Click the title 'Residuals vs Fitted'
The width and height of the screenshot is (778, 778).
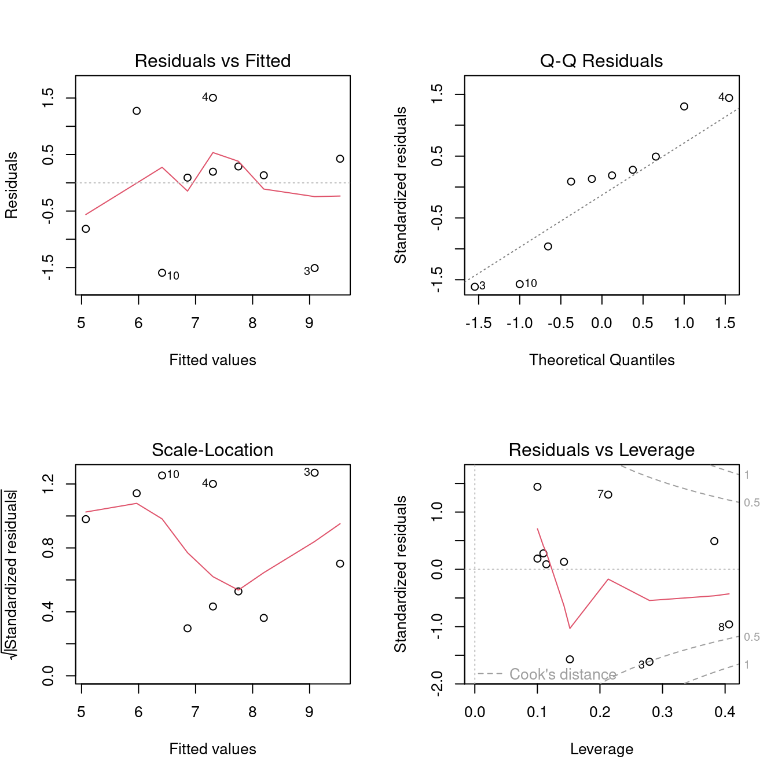click(212, 61)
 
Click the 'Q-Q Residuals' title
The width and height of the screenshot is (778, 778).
click(601, 61)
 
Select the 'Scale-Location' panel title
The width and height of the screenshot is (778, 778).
click(212, 450)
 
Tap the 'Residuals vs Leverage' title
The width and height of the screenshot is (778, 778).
click(601, 450)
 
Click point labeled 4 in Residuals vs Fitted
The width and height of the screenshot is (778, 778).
click(213, 98)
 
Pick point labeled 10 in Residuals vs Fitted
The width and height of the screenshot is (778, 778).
click(162, 273)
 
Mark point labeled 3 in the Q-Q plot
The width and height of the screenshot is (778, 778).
click(475, 287)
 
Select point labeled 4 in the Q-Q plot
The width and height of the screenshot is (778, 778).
click(729, 98)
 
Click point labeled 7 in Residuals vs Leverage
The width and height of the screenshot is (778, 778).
click(608, 494)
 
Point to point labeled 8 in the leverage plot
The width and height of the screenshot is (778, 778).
click(729, 625)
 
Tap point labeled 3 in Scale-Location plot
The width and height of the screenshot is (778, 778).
click(315, 473)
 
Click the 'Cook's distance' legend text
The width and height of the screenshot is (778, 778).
click(562, 674)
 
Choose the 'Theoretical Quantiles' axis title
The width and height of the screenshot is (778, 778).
click(601, 360)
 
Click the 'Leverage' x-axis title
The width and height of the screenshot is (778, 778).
click(601, 749)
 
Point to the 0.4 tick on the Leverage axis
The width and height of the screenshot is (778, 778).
click(725, 712)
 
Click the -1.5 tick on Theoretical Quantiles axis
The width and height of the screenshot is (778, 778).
click(479, 323)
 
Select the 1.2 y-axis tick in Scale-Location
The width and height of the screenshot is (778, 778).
click(49, 484)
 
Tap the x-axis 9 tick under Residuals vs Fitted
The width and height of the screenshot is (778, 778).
click(310, 323)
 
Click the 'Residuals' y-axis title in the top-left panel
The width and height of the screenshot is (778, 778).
click(12, 185)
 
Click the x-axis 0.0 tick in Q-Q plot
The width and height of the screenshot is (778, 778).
click(601, 323)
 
